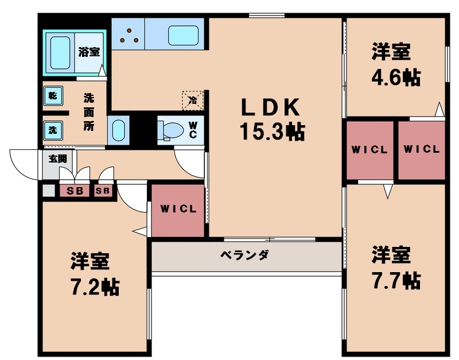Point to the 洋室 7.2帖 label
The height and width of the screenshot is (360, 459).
click(92, 274)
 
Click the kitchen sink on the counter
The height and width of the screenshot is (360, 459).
click(183, 35)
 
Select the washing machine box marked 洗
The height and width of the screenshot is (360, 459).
click(52, 130)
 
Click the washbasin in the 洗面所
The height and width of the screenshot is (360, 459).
click(118, 130)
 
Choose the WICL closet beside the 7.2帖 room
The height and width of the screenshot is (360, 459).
click(178, 210)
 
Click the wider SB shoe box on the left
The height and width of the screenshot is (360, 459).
click(75, 191)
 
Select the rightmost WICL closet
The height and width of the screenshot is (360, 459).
click(421, 149)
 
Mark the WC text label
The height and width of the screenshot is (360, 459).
click(193, 130)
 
